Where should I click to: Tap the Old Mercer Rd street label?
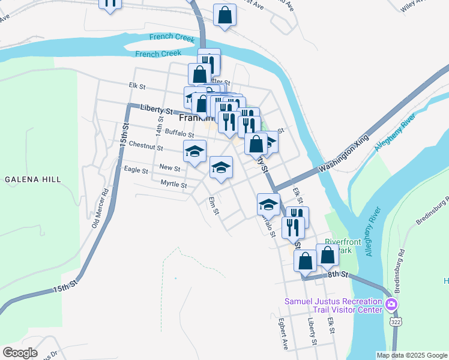[100, 209]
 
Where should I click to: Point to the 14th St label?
[160, 124]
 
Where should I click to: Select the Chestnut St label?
[146, 146]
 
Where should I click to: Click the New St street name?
[170, 168]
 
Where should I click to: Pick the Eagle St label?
[136, 170]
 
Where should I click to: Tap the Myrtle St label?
[173, 184]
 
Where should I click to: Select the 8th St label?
[338, 274]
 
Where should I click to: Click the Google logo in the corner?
[20, 353]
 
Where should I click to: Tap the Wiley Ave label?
[413, 6]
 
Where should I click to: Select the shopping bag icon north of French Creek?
[224, 16]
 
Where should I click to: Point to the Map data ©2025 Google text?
[412, 355]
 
